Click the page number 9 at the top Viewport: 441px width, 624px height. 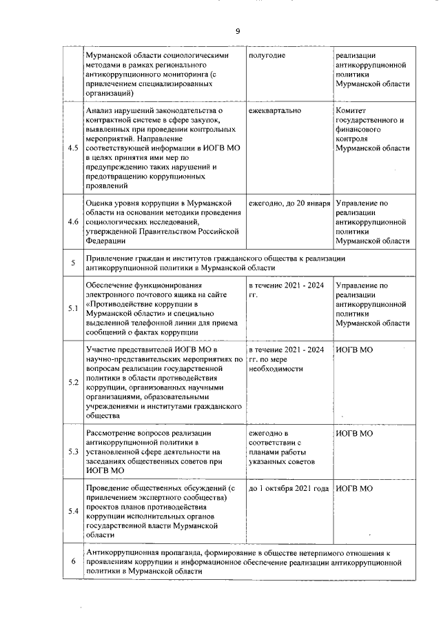[x=237, y=32]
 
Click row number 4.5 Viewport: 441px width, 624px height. [x=72, y=148]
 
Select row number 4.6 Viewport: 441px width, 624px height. [x=72, y=222]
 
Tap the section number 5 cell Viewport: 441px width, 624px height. [x=72, y=263]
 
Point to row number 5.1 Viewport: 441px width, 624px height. [x=72, y=308]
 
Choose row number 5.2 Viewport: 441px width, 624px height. [x=72, y=383]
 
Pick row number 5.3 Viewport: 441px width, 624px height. [x=72, y=452]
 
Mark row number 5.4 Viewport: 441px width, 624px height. [x=72, y=511]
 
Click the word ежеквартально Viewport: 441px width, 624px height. [x=274, y=110]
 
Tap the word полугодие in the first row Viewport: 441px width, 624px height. [x=267, y=54]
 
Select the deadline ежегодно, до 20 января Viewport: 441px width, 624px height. [x=289, y=203]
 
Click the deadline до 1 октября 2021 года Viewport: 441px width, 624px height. [x=289, y=488]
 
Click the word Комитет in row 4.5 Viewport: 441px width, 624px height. [x=353, y=110]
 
